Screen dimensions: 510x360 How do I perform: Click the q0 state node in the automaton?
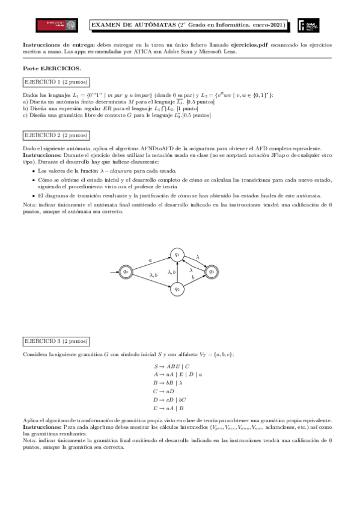[x=126, y=272]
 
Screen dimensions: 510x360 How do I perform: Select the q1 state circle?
[x=177, y=255]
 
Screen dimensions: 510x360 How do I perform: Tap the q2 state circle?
[x=177, y=289]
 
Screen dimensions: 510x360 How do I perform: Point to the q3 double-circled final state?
[x=211, y=272]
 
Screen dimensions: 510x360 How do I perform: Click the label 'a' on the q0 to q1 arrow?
[x=150, y=259]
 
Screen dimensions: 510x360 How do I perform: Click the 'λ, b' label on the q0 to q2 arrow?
[x=153, y=275]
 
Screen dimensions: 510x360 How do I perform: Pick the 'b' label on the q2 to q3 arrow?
[x=192, y=277]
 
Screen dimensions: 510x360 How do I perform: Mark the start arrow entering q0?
[x=114, y=272]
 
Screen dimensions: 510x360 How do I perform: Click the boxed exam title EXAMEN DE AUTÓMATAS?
[x=188, y=25]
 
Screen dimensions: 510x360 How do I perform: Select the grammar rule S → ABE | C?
[x=172, y=366]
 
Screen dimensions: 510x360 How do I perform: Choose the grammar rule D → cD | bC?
[x=170, y=399]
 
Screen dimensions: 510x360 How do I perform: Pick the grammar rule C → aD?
[x=165, y=390]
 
